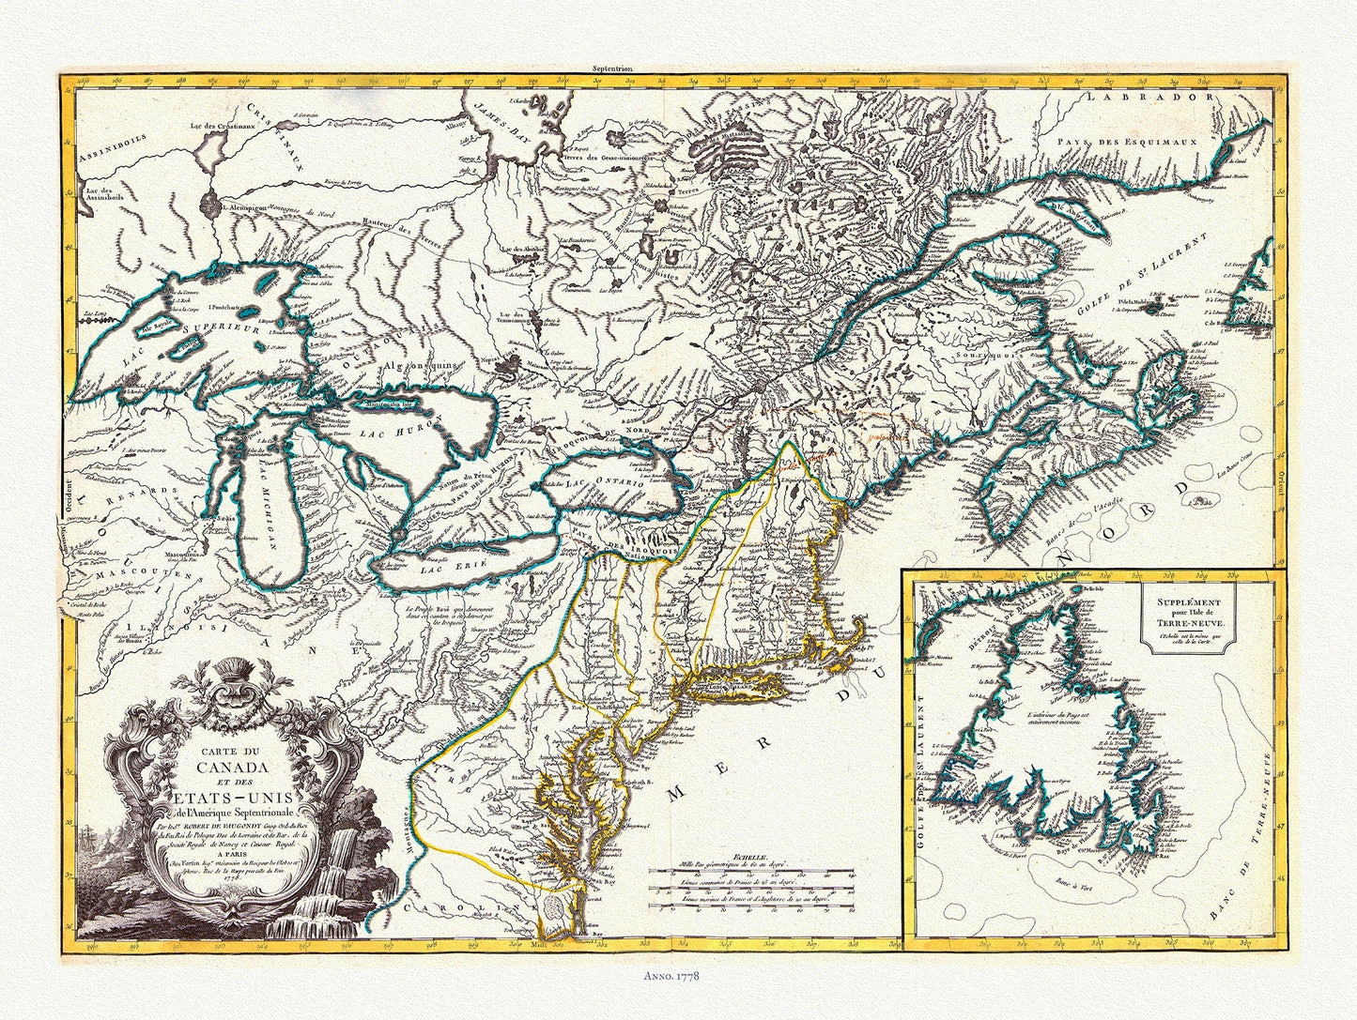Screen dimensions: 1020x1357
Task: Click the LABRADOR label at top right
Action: (x=1153, y=98)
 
